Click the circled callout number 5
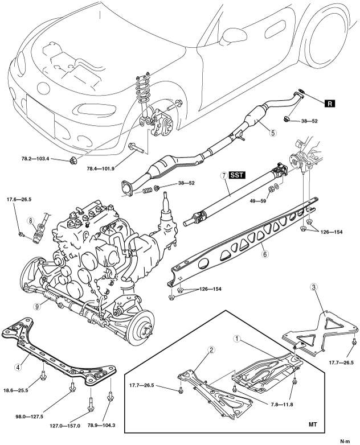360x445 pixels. pyautogui.click(x=273, y=133)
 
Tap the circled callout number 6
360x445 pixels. pyautogui.click(x=265, y=254)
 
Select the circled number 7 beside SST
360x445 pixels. pyautogui.click(x=224, y=175)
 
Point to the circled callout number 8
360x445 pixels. pyautogui.click(x=30, y=221)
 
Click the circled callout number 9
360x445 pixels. pyautogui.click(x=36, y=306)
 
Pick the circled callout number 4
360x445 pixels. pyautogui.click(x=18, y=368)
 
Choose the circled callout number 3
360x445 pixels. pyautogui.click(x=313, y=287)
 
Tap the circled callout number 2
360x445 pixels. pyautogui.click(x=211, y=351)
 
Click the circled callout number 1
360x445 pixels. pyautogui.click(x=237, y=339)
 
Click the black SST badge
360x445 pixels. pyautogui.click(x=236, y=175)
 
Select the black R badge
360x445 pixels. pyautogui.click(x=330, y=104)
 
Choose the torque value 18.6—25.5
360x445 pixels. pyautogui.click(x=16, y=390)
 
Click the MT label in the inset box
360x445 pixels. pyautogui.click(x=313, y=425)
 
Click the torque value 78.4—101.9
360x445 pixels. pyautogui.click(x=101, y=168)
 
